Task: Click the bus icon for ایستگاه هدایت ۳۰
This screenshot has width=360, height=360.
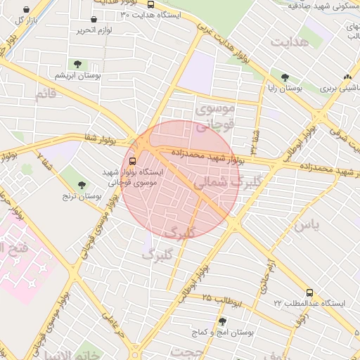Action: pos(150,4)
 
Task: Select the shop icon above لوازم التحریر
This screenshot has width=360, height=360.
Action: pos(94,19)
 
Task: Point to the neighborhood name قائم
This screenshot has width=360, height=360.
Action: pos(44,93)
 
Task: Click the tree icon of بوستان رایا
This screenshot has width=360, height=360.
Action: pos(285,78)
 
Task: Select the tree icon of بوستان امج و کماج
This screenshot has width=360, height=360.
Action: pos(222,321)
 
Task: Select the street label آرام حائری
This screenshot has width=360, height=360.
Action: pos(271,273)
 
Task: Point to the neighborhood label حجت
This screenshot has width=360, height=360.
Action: pos(188,352)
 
